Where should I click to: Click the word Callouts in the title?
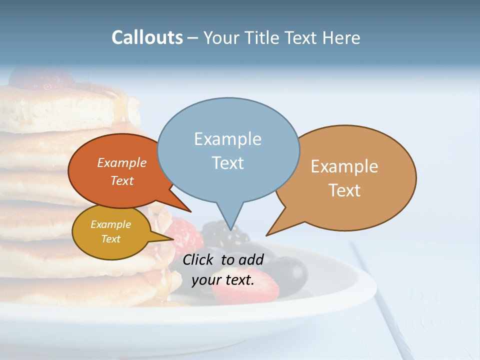click(147, 37)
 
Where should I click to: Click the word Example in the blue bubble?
click(227, 139)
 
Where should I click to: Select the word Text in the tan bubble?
click(345, 190)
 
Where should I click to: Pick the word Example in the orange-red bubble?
click(122, 162)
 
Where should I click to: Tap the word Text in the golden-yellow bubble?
click(111, 239)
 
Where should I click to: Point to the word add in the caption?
click(250, 259)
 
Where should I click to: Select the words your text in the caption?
click(222, 280)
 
